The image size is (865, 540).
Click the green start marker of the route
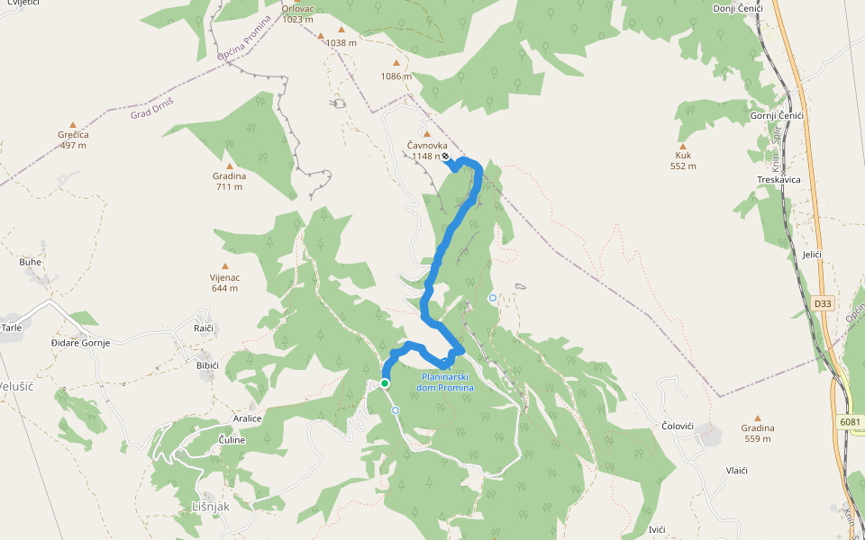[x=385, y=383]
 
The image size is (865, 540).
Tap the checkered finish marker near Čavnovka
[x=445, y=157]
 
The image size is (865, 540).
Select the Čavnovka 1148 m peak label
[x=427, y=150]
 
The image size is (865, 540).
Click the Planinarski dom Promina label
[x=444, y=382]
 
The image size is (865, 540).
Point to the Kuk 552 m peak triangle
[x=683, y=147]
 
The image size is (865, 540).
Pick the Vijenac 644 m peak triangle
[x=224, y=267]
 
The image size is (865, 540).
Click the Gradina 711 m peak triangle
[x=229, y=166]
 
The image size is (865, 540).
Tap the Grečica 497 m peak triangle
[x=73, y=125]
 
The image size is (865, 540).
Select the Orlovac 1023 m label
[x=297, y=13]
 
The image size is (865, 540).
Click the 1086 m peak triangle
[x=396, y=63]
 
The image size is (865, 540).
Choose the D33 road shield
[x=822, y=303]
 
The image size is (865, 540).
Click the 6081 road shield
[x=849, y=421]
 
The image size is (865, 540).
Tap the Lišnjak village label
[x=211, y=508]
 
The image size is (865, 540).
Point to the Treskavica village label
[x=778, y=180]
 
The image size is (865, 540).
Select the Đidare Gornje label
[x=80, y=343]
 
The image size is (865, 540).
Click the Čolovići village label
[x=681, y=425]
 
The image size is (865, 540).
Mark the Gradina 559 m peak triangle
[x=758, y=418]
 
